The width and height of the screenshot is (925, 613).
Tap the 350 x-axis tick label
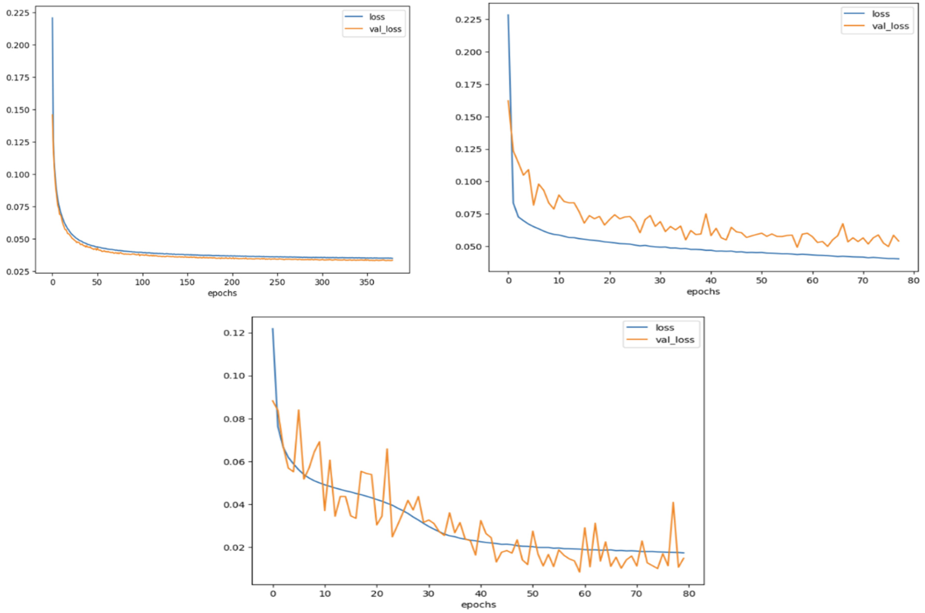[367, 282]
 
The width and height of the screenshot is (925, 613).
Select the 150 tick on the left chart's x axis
[187, 282]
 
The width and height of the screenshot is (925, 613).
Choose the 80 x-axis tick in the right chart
[913, 281]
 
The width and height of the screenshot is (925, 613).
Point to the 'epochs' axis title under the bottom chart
[478, 605]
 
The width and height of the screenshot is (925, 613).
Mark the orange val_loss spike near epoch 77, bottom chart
[673, 503]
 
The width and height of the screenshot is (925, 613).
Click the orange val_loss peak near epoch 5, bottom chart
[299, 410]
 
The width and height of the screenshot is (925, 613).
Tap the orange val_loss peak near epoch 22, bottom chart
[387, 449]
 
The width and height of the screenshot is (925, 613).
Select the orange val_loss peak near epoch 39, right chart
[706, 214]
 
